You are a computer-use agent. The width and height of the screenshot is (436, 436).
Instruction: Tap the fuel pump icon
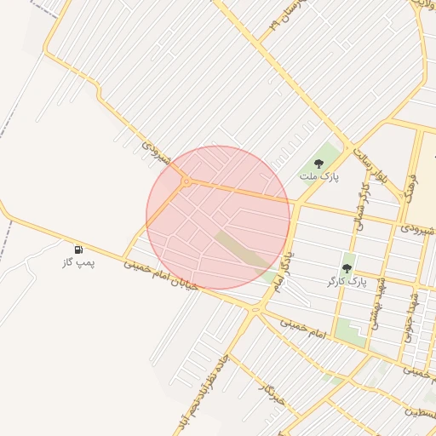pos(79,250)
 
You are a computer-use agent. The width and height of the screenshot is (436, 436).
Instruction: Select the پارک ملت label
pos(319,176)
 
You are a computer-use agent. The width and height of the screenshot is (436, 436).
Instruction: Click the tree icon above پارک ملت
pos(319,163)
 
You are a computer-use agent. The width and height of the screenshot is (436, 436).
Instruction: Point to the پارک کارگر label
pos(346,280)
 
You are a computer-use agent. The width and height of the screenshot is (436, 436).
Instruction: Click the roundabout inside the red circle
pos(186,181)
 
